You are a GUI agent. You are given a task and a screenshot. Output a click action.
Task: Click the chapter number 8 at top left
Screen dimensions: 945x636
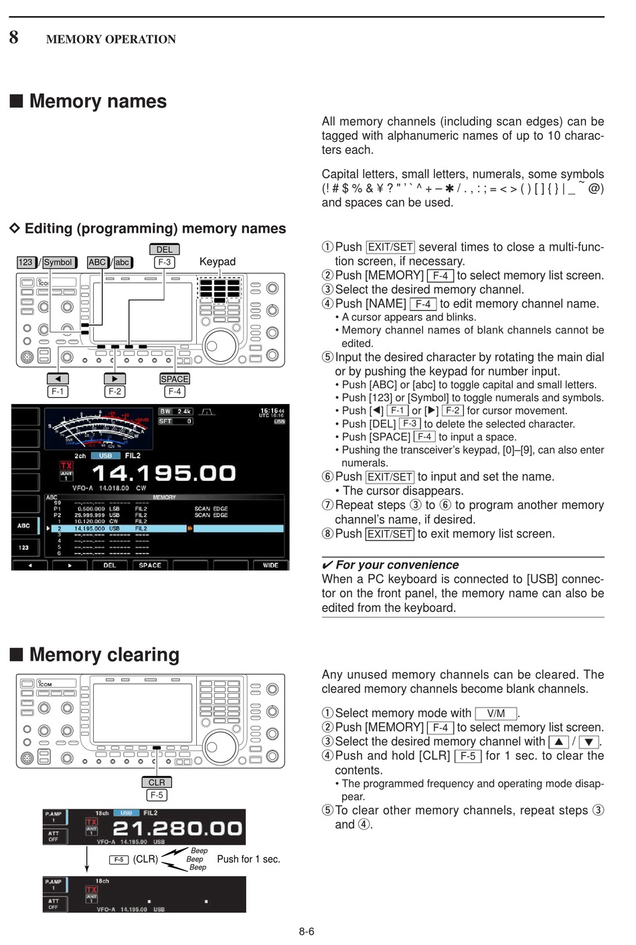[x=13, y=37]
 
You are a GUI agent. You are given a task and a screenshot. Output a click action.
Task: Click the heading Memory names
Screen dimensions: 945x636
[x=98, y=101]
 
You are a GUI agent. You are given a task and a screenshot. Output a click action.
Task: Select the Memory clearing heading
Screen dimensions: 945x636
[x=104, y=654]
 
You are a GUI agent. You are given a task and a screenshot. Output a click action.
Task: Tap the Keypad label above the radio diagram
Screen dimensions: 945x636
[x=218, y=261]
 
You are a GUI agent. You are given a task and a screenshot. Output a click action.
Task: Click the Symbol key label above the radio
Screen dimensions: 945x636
[x=58, y=262]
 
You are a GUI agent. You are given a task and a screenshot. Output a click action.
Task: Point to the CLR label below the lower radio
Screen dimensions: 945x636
[x=157, y=782]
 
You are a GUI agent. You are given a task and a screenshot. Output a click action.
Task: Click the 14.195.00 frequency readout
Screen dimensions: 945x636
[x=163, y=474]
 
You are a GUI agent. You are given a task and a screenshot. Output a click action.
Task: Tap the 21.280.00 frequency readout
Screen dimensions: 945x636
[x=177, y=828]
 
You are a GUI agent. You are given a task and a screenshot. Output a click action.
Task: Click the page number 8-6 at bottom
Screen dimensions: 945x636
[x=307, y=931]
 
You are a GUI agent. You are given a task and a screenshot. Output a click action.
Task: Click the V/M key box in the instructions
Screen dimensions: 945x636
[x=496, y=714]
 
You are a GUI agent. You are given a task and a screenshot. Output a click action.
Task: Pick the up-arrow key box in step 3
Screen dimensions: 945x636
[x=558, y=742]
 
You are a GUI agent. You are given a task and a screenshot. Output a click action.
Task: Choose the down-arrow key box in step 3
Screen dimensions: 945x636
[x=588, y=742]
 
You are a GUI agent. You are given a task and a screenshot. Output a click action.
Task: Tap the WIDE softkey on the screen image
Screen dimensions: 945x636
[x=270, y=565]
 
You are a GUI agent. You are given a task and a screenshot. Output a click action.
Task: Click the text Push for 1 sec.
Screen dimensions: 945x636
[x=248, y=859]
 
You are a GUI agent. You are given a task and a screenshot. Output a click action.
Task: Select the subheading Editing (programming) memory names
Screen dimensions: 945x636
[x=155, y=229]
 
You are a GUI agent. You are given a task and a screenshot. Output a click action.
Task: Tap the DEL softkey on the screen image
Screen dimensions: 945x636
[x=110, y=565]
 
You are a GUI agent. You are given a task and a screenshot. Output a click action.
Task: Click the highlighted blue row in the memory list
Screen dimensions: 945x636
[x=167, y=528]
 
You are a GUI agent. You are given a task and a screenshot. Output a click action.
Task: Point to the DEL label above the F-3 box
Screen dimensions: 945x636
[x=165, y=249]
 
